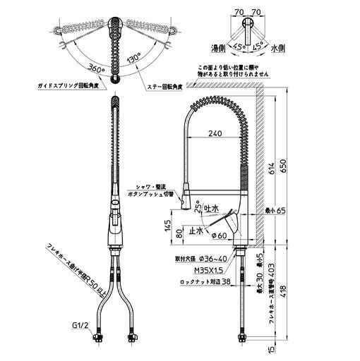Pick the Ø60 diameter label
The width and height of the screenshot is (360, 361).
(216, 235)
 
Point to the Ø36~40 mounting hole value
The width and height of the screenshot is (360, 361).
(217, 259)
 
